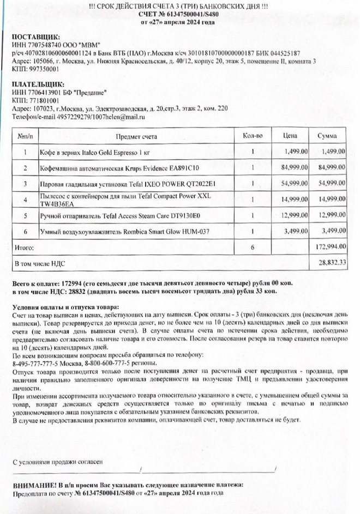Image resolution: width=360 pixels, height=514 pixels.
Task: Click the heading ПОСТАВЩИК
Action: click(x=35, y=37)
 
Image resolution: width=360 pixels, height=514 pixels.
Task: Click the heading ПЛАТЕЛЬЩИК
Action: click(x=36, y=84)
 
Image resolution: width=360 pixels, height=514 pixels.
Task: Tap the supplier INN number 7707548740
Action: click(x=43, y=45)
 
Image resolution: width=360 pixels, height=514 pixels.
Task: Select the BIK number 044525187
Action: click(x=285, y=53)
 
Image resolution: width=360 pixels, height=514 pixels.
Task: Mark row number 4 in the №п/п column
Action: click(x=25, y=199)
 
